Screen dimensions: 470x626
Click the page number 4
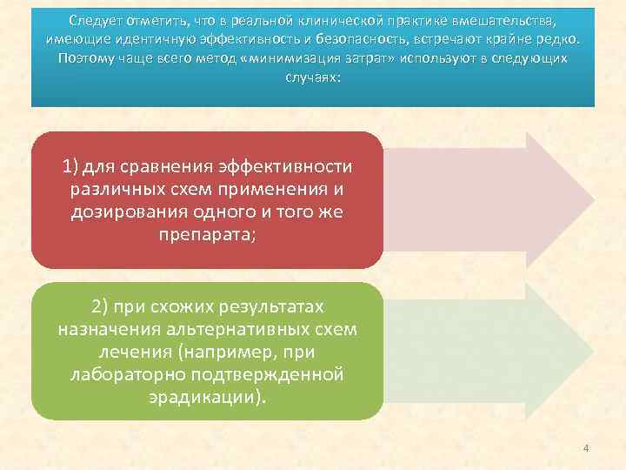(x=586, y=448)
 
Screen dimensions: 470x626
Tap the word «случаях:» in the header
(x=313, y=77)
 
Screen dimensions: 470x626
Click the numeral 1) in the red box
(x=71, y=166)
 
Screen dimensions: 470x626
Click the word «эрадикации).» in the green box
(x=207, y=398)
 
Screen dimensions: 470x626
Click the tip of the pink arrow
(x=593, y=199)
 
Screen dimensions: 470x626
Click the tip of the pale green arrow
(x=593, y=351)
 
